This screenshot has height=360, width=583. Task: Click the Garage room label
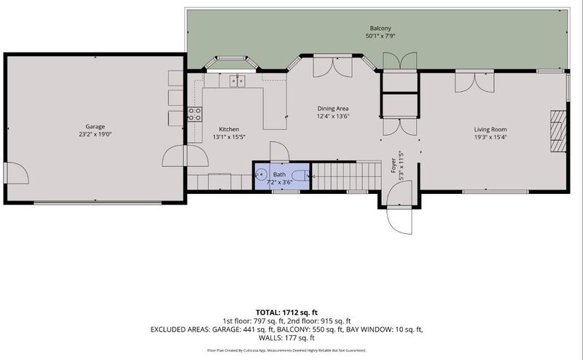coord(95,127)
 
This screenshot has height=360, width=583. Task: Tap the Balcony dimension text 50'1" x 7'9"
coord(380,36)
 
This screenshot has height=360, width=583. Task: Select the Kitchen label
coord(229,129)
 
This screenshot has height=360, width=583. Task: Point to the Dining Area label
coord(333,109)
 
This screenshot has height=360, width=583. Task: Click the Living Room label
coord(490,130)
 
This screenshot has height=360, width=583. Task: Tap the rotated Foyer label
coord(394,165)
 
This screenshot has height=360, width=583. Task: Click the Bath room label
coord(280,174)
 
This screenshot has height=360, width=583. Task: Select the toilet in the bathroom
coord(300,175)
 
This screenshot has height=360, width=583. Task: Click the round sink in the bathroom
coord(262,174)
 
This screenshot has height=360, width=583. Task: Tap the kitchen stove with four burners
coord(195,114)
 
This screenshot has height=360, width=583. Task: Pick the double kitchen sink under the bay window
coord(238,81)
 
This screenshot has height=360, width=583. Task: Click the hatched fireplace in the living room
coord(558,131)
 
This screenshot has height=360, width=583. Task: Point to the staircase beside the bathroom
coord(346,176)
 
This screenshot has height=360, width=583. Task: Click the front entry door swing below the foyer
coord(399,220)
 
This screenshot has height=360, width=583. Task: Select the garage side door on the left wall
coord(16,173)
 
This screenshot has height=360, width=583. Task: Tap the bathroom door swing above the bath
coord(280,152)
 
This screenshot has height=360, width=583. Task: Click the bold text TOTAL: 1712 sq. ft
coord(286,313)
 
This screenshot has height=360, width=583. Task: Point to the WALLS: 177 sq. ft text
coord(286,338)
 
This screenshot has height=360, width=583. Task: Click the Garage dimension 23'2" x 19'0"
coord(95,134)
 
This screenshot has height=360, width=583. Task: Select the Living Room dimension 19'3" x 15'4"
coord(490,137)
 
